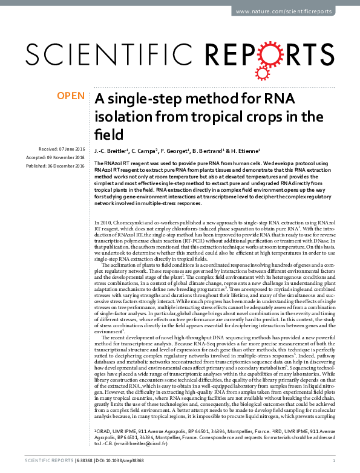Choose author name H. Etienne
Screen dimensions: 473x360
(x=250, y=149)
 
